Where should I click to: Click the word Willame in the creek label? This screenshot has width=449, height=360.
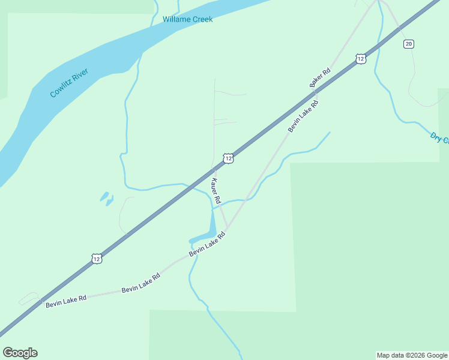pyautogui.click(x=176, y=19)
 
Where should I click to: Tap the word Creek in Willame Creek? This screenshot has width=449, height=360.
pyautogui.click(x=202, y=19)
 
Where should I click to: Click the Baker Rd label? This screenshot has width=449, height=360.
pyautogui.click(x=321, y=78)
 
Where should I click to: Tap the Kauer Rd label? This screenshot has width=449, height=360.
pyautogui.click(x=215, y=190)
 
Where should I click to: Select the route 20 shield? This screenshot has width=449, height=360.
pyautogui.click(x=409, y=44)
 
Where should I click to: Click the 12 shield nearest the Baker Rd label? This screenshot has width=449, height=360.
pyautogui.click(x=360, y=58)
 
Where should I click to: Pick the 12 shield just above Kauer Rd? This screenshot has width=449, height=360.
pyautogui.click(x=228, y=158)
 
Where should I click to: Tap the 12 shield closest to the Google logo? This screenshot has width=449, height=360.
pyautogui.click(x=97, y=259)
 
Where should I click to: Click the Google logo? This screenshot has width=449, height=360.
pyautogui.click(x=20, y=353)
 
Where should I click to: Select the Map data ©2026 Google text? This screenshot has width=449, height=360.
pyautogui.click(x=412, y=355)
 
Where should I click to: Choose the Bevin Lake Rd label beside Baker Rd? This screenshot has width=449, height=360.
pyautogui.click(x=303, y=116)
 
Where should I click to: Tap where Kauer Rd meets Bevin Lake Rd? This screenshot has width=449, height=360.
pyautogui.click(x=226, y=229)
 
